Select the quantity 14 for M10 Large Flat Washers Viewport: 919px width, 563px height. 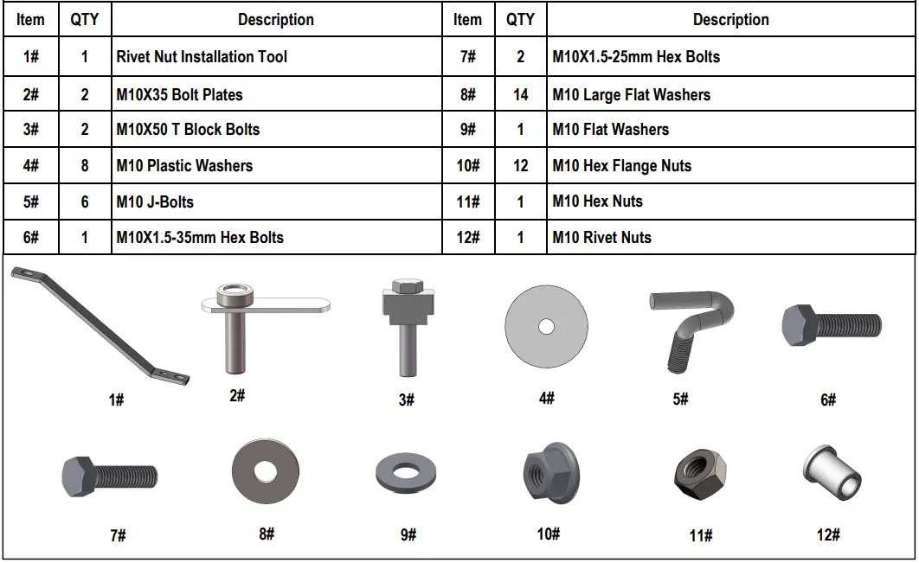click(x=520, y=94)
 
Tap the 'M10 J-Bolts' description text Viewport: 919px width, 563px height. click(x=155, y=202)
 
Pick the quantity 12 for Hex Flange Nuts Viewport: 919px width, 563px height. click(x=520, y=166)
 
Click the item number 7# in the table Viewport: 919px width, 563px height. click(x=467, y=57)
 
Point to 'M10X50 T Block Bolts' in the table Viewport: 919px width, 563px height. click(x=188, y=130)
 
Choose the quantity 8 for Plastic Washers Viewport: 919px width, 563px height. click(x=85, y=166)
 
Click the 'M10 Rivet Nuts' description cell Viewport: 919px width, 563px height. click(x=602, y=237)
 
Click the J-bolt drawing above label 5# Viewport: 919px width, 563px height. click(x=691, y=331)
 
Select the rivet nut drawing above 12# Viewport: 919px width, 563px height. click(x=832, y=473)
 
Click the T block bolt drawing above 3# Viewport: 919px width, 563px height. click(x=408, y=327)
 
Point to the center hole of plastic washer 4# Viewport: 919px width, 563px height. click(x=546, y=326)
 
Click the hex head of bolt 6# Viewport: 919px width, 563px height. click(x=798, y=325)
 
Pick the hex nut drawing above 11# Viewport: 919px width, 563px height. click(x=700, y=476)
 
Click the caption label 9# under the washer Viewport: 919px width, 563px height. click(x=408, y=534)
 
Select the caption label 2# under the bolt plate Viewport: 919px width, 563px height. click(x=237, y=395)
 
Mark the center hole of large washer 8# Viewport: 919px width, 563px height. click(x=265, y=471)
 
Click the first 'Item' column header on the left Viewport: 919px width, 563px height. click(x=30, y=20)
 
